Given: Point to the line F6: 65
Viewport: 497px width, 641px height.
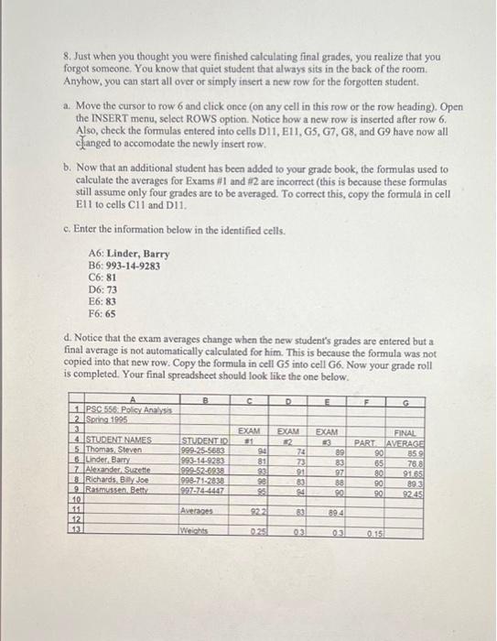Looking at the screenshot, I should (103, 313).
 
